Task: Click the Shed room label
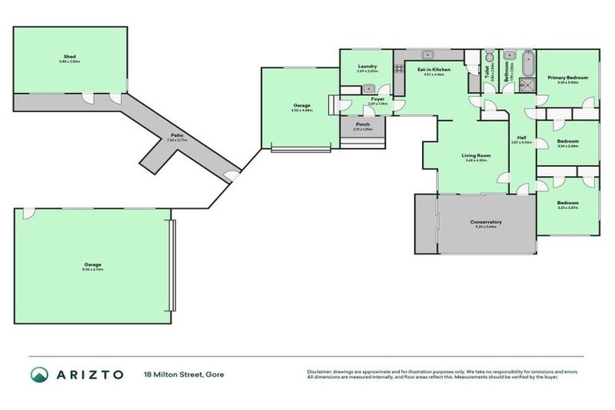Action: pos(70,58)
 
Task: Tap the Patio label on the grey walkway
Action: pos(176,136)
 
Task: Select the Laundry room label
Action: pos(367,69)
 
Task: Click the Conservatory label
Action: pos(486,223)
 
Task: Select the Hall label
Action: pos(521,139)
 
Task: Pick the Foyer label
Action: pos(376,100)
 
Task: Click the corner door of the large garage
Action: pos(29,212)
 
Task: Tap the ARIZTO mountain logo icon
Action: pos(39,374)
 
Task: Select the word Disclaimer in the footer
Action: pos(319,371)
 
